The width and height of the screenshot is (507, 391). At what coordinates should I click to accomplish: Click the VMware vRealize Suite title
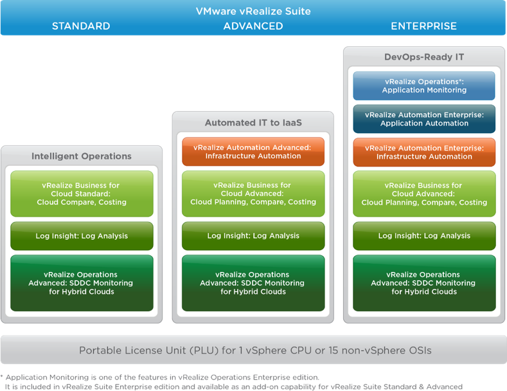tap(253, 10)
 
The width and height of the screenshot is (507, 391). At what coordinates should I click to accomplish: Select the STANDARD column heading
tap(81, 26)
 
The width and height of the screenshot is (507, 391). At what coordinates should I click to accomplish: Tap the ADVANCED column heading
tap(253, 26)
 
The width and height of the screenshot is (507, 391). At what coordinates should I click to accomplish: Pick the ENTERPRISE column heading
tap(424, 26)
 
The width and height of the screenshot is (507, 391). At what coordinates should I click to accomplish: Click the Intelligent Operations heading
tap(82, 156)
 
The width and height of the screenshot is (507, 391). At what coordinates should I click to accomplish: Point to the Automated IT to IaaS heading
tap(253, 122)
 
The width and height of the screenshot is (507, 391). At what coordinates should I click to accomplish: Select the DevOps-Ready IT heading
tap(424, 57)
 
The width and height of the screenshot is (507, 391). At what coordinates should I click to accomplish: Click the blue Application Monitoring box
tap(424, 86)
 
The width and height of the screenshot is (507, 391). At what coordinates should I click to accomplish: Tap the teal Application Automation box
tap(424, 119)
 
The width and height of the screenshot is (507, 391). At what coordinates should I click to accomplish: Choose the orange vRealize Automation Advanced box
tap(253, 152)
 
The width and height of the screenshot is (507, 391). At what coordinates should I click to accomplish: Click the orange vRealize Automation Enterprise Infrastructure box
tap(424, 152)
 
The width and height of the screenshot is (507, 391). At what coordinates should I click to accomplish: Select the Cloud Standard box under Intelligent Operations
tap(82, 194)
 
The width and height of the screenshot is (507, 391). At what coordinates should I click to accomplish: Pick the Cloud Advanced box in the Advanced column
tap(253, 194)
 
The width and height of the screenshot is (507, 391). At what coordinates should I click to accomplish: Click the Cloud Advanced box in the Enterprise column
tap(424, 194)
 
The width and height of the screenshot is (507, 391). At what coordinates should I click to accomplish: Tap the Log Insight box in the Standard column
tap(82, 236)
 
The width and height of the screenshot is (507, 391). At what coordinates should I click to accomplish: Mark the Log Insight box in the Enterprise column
tap(424, 236)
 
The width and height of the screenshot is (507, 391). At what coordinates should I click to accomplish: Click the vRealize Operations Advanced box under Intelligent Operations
tap(82, 283)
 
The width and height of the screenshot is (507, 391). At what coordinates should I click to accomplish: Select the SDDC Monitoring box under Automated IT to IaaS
tap(253, 283)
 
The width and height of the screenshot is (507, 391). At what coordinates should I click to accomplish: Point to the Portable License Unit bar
tap(253, 350)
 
